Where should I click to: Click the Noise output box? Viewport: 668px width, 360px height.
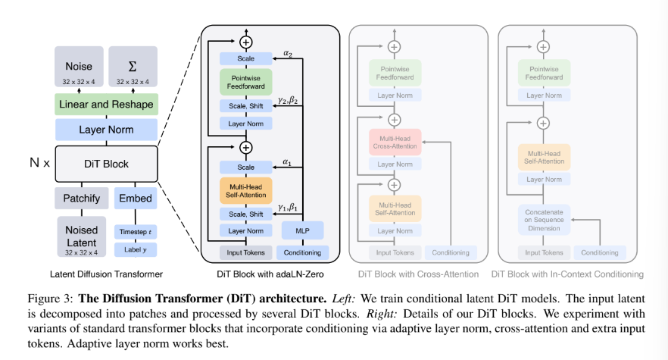pos(79,67)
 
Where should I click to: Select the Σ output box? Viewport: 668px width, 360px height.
pos(133,67)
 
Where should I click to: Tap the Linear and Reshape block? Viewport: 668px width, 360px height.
pos(106,104)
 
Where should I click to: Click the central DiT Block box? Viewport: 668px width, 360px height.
pos(106,164)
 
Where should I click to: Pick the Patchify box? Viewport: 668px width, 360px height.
pos(81,199)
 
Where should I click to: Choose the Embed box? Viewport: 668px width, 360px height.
pos(136,199)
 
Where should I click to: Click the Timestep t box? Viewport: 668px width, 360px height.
pos(136,232)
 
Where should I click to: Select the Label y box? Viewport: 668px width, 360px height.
pos(136,249)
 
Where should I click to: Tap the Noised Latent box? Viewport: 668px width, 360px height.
pos(81,236)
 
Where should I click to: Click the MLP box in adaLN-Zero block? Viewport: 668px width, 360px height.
pos(302,230)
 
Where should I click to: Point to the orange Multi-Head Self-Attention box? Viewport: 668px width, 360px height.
pos(246,191)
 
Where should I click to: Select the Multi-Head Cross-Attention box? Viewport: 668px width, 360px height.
pos(395,142)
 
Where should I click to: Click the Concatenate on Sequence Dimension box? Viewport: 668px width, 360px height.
pos(544,220)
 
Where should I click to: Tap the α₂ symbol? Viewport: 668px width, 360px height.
pos(288,54)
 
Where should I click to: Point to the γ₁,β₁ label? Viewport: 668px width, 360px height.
pos(288,208)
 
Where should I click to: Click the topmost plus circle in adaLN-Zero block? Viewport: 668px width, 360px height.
pos(246,42)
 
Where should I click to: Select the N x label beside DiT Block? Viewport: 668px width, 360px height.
pos(39,162)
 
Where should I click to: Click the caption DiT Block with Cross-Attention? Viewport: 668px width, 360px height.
pos(418,274)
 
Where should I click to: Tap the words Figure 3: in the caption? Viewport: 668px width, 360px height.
pos(50,298)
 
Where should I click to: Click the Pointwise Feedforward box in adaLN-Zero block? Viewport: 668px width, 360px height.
pos(246,82)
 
